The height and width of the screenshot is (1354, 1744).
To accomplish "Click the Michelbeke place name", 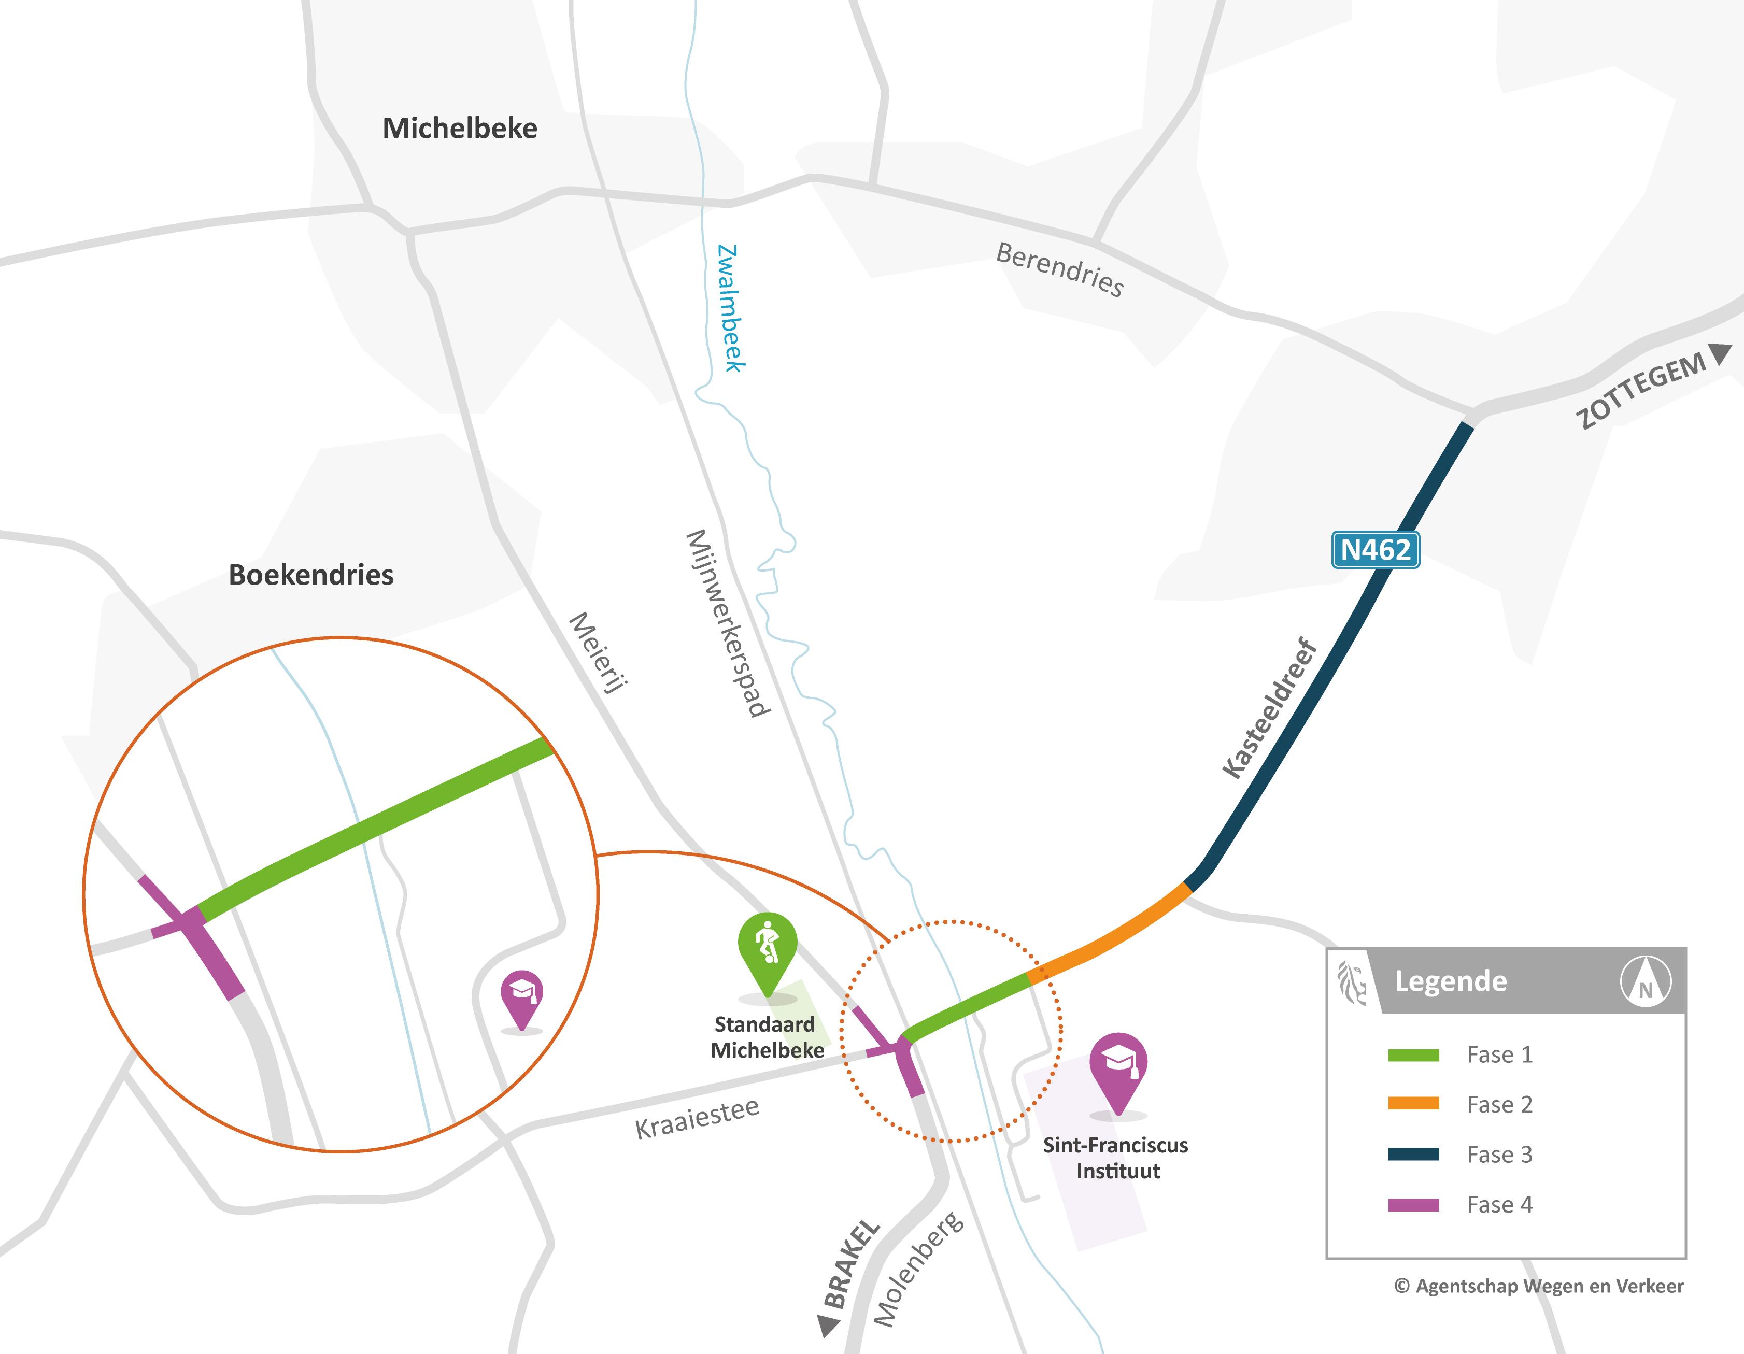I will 460,129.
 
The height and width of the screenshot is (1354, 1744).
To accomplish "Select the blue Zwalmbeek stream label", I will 731,308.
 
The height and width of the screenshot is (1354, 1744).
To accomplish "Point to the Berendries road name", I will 1060,269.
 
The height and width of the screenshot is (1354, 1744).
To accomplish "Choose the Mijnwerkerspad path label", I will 728,623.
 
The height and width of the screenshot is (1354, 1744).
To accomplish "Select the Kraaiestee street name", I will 697,1118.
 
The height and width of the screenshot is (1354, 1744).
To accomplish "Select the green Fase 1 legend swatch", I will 1413,1056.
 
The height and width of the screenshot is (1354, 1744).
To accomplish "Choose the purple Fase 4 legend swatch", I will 1413,1205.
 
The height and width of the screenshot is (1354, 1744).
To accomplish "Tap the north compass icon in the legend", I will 1645,982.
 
